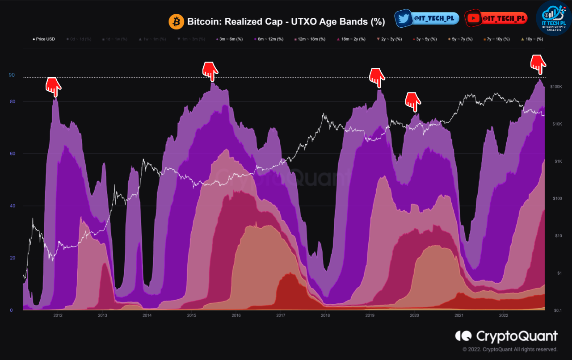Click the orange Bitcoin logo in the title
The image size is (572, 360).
coord(176,21)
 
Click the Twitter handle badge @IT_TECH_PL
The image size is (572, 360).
coord(427,18)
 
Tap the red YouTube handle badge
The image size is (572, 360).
coord(496,18)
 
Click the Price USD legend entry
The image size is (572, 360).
coord(44,39)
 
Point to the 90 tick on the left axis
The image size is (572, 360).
coord(12,75)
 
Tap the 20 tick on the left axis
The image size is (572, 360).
coord(12,258)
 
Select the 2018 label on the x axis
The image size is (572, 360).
coord(325,315)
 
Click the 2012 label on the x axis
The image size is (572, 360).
coord(58,315)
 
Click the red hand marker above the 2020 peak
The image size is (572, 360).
coord(413,101)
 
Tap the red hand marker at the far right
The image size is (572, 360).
coord(538,64)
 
